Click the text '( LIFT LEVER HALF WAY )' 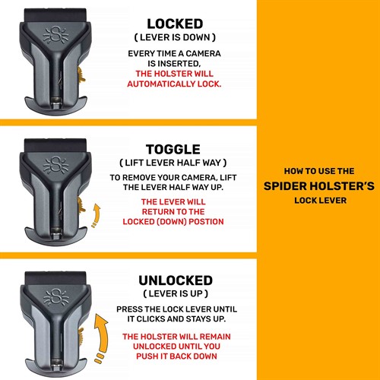click(176, 163)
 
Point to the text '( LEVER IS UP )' click(176, 293)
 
